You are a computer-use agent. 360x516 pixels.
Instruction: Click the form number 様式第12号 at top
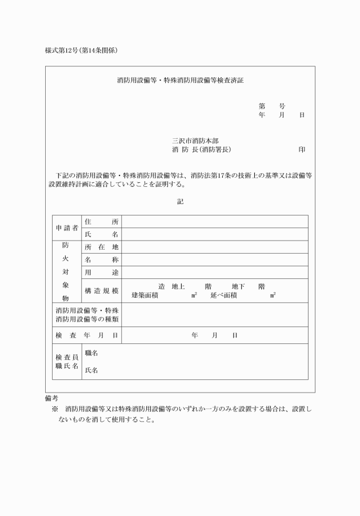pos(63,50)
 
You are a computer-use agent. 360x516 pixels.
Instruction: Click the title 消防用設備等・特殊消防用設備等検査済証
pos(180,81)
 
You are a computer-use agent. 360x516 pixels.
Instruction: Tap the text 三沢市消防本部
pos(195,140)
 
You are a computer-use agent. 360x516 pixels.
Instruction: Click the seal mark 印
pos(301,150)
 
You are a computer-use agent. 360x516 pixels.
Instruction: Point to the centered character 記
pos(180,202)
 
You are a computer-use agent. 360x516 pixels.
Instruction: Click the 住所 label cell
pos(101,222)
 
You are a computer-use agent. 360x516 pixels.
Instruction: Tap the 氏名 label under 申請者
pos(101,234)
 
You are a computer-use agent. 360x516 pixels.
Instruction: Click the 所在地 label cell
pos(101,247)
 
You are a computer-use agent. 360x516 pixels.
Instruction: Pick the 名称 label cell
pos(101,259)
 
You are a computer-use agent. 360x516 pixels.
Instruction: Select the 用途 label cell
pos(101,272)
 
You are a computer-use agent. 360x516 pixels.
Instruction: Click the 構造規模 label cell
pos(101,291)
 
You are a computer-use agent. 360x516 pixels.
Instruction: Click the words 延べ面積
pos(223,295)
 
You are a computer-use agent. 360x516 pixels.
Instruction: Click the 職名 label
pos(91,354)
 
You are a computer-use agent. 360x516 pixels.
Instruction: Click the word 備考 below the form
pos(51,398)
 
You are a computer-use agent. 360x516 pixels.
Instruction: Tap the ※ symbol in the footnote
pos(55,409)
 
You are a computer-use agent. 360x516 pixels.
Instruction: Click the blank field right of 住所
pos(215,222)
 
